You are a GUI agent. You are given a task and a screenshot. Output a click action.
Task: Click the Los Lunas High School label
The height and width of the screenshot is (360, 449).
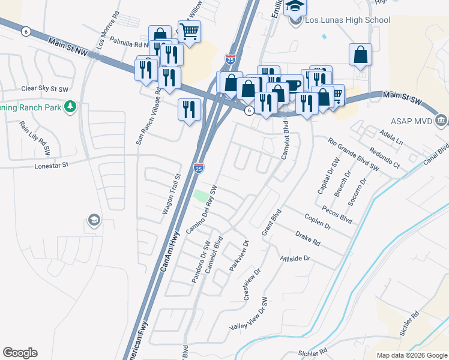[348, 20]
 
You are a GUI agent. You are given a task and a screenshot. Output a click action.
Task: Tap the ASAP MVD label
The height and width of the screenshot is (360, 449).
[412, 121]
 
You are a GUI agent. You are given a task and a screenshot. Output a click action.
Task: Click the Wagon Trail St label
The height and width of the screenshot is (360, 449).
[172, 195]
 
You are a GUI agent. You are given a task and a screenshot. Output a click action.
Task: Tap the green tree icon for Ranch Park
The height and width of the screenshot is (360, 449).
[71, 107]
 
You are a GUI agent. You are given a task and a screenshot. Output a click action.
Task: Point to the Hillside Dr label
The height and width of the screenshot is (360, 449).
[295, 259]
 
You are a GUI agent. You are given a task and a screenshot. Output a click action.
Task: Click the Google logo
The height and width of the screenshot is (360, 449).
[20, 353]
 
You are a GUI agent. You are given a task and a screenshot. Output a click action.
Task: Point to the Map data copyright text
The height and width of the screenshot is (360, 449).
[412, 355]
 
